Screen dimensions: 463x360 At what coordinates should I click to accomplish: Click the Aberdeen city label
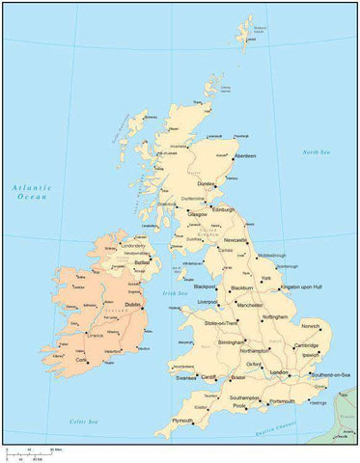[x=246, y=155]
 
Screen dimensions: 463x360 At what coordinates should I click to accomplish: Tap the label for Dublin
[x=133, y=304]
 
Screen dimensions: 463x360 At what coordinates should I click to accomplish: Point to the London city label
[x=280, y=371]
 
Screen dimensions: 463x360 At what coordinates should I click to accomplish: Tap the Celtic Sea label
[x=86, y=422]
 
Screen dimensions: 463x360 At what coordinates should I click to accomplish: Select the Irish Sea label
[x=175, y=292]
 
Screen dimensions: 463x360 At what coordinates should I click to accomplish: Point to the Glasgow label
[x=198, y=214]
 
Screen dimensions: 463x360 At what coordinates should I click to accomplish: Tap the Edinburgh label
[x=224, y=209]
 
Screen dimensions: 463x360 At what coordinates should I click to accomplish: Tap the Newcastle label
[x=236, y=241]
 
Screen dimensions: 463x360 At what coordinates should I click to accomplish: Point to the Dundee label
[x=205, y=183]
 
